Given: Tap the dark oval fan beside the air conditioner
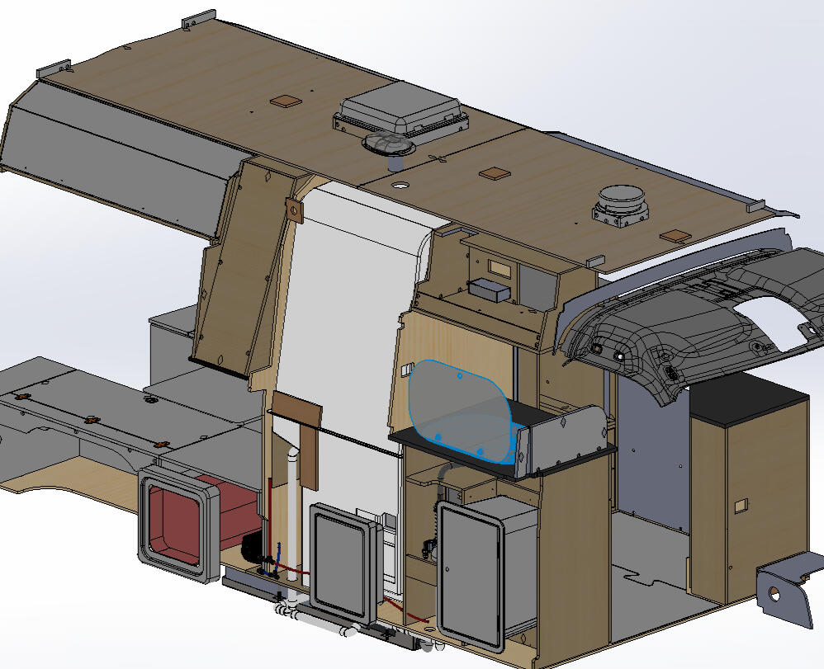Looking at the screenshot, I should (x=389, y=145).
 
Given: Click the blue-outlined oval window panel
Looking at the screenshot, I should (x=459, y=410).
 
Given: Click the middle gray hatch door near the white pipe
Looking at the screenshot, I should (x=341, y=560).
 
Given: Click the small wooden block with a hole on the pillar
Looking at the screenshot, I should (x=294, y=210).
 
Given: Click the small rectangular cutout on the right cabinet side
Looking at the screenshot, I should (x=741, y=504).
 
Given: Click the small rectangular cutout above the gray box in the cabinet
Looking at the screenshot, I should (x=500, y=267).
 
